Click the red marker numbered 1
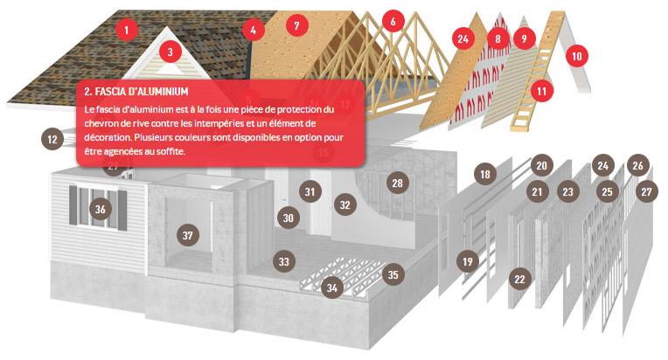[126, 30]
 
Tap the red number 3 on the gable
[170, 52]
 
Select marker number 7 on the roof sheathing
[296, 25]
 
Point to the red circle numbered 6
[393, 21]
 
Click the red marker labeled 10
[576, 56]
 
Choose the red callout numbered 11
[541, 91]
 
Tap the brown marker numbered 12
[52, 139]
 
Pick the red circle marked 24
[463, 38]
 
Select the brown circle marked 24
[602, 165]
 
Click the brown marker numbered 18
[484, 174]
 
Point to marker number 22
[519, 279]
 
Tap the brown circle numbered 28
[398, 183]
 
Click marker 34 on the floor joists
[332, 287]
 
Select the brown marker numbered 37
[187, 235]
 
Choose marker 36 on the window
[101, 209]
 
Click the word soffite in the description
[170, 151]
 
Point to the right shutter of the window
[122, 211]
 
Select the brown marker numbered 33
[284, 261]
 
